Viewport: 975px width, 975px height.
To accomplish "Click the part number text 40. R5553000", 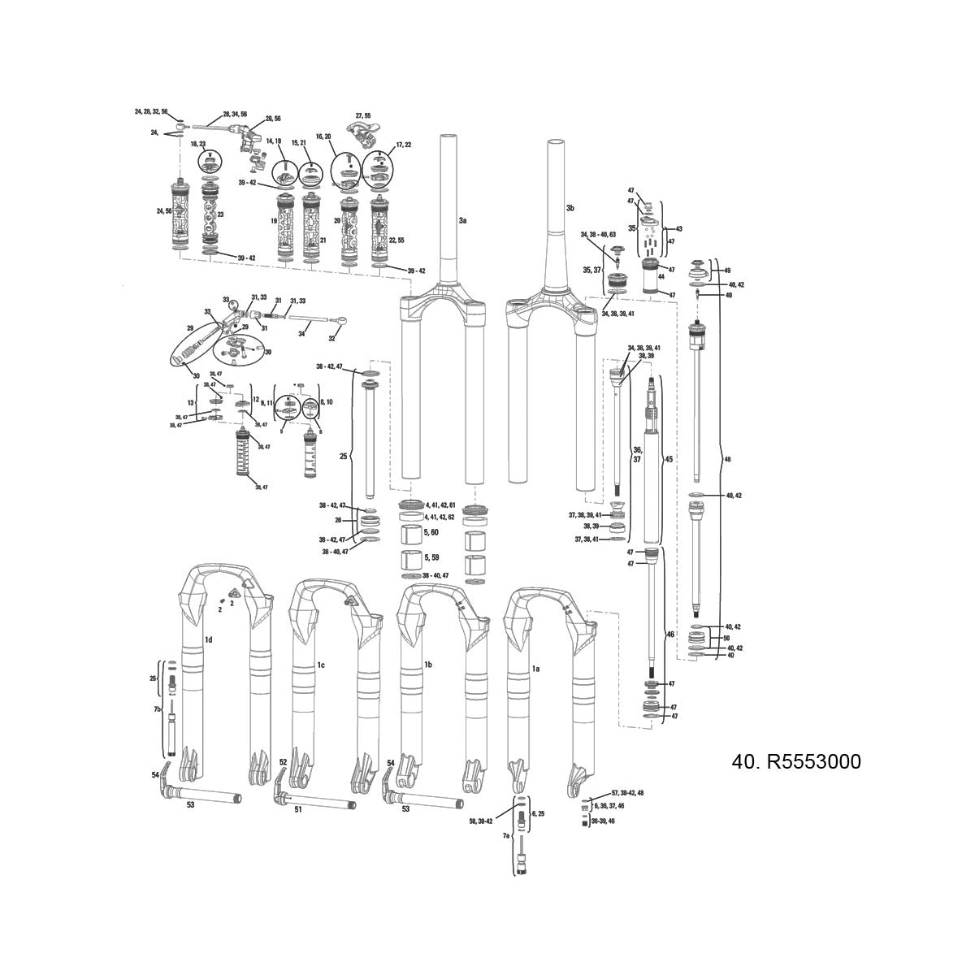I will click(796, 762).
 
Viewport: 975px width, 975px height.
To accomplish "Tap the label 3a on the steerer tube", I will click(462, 220).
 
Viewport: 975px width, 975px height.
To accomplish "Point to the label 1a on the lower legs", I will click(535, 668).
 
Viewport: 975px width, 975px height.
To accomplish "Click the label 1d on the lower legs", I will click(208, 640).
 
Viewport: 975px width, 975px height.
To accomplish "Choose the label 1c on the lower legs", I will click(320, 665).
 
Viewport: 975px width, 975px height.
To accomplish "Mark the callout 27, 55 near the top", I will click(362, 116).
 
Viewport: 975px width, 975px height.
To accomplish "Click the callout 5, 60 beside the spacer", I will click(432, 532).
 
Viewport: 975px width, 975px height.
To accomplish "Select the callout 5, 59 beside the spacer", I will click(432, 558).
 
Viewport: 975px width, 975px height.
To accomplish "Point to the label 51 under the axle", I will click(297, 809).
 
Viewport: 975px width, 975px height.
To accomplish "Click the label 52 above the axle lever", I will click(283, 762).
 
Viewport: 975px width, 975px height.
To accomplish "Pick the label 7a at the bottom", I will click(505, 835).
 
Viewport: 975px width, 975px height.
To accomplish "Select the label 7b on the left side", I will click(158, 709).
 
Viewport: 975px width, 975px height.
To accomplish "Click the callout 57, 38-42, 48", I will click(626, 792).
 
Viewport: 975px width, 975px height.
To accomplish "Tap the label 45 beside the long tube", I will click(669, 459).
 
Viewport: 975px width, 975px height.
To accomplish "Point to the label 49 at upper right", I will click(726, 270).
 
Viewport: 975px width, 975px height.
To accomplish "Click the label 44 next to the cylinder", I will click(661, 277).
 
